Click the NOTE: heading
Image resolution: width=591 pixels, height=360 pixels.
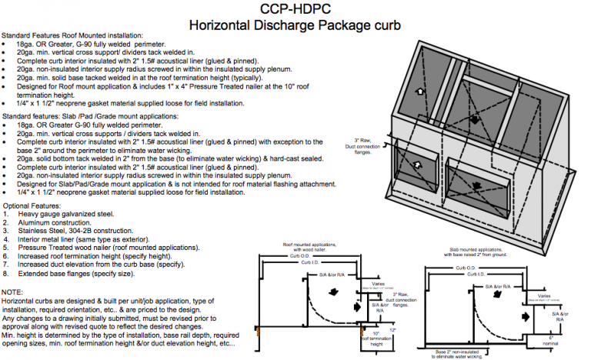pos(13,292)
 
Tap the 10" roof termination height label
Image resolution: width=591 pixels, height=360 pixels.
pos(380,339)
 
